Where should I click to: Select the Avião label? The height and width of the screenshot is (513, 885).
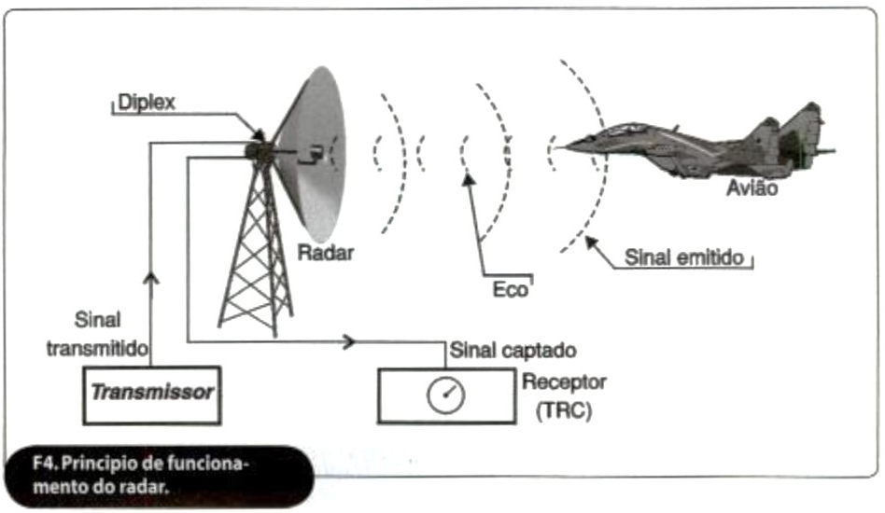752,189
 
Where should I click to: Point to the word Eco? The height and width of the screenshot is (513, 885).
510,289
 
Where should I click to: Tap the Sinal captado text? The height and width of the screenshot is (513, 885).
513,352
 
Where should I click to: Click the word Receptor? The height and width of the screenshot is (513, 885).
565,382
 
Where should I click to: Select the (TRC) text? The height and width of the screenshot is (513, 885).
563,410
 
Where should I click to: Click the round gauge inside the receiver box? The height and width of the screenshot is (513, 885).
445,395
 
